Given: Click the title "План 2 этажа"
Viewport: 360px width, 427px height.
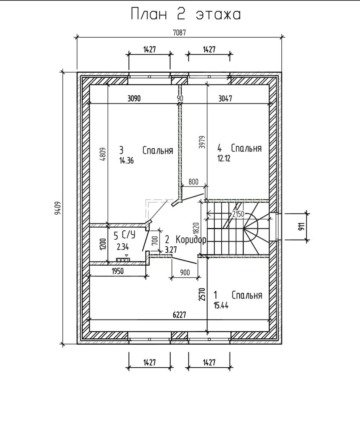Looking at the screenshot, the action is pos(186,14).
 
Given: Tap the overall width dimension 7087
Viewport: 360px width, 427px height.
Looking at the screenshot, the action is pos(179,33).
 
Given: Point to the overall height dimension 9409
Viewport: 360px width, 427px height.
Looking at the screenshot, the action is pos(58,208).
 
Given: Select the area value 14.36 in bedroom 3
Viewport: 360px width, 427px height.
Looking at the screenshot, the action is pos(126,161).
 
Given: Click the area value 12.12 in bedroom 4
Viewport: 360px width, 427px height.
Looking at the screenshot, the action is pos(224,158).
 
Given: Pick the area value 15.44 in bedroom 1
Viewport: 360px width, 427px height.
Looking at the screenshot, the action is pos(221,305).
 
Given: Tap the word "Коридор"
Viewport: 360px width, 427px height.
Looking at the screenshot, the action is pos(191,240).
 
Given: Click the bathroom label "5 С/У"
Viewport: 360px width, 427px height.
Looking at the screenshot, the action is pos(124,234).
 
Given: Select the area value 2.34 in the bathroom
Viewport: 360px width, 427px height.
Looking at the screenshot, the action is pos(123,247).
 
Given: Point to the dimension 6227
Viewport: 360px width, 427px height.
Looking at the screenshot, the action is pos(179,315).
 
